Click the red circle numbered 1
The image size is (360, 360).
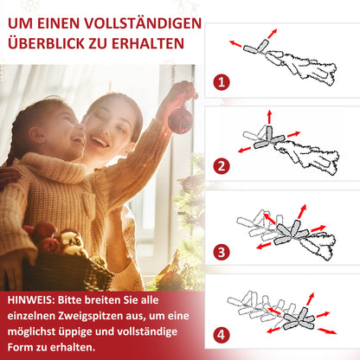click(x=223, y=83)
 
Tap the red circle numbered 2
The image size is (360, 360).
click(x=223, y=165)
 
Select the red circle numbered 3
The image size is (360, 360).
click(x=223, y=252)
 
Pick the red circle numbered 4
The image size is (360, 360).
click(x=223, y=333)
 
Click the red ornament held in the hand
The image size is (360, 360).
click(x=179, y=119)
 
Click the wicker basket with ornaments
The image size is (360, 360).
click(x=69, y=264)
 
